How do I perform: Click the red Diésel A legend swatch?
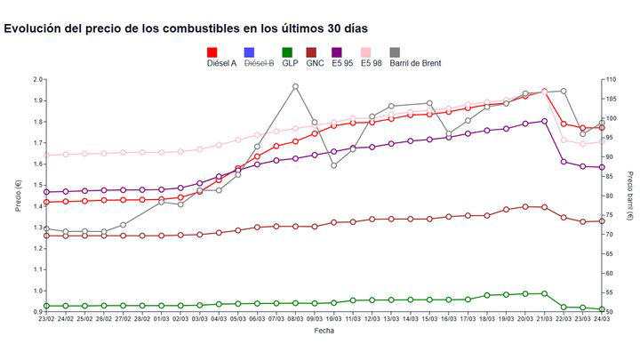[212, 52]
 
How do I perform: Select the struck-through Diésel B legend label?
[259, 63]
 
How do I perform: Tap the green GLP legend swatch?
[288, 52]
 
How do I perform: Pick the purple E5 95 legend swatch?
[336, 52]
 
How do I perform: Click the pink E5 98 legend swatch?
[365, 52]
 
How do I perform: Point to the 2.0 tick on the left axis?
[37, 79]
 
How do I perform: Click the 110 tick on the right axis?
[612, 79]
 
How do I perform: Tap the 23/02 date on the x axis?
[46, 321]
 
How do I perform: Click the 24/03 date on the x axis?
[601, 321]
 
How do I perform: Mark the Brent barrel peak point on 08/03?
[295, 86]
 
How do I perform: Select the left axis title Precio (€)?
[17, 196]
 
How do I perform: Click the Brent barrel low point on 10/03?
[333, 165]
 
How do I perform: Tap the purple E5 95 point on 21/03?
[544, 122]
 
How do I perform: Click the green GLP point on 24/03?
[602, 309]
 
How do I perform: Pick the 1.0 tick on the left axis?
[37, 291]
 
